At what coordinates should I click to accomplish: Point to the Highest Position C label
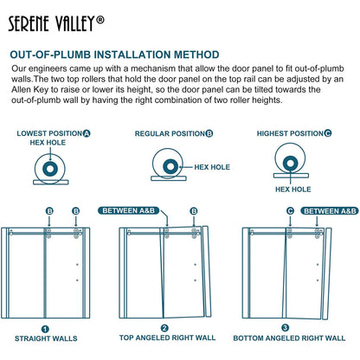click(x=295, y=133)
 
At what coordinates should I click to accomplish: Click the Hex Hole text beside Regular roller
click(x=213, y=167)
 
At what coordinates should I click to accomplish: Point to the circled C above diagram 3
click(x=290, y=210)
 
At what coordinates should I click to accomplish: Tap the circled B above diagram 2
click(x=193, y=210)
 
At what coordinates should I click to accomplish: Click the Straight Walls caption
click(x=45, y=337)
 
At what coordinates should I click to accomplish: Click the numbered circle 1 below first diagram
click(x=45, y=328)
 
